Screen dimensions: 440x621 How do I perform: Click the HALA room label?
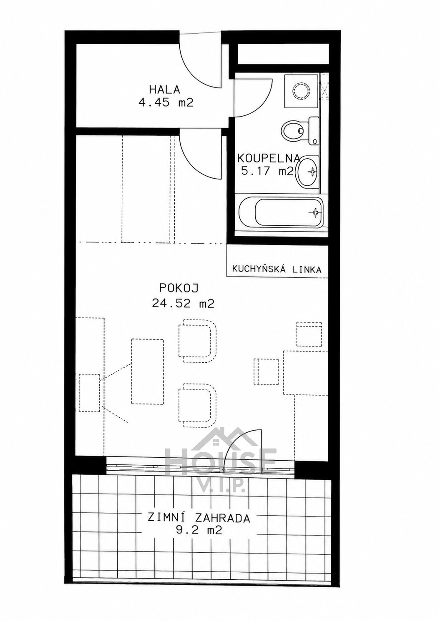pos(165,90)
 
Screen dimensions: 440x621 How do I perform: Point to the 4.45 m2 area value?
pos(166,103)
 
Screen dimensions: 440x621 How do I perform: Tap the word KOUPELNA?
pos(268,158)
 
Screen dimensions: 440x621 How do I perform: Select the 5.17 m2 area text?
pos(267,171)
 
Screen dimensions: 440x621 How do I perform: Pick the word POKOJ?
pos(179,288)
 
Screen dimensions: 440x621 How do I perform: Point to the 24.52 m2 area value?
pos(183,304)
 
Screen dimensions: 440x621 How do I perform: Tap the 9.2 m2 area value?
pos(199,531)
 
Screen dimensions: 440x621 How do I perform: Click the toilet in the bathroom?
pos(300,130)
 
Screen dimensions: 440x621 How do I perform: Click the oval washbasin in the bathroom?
pos(308,172)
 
